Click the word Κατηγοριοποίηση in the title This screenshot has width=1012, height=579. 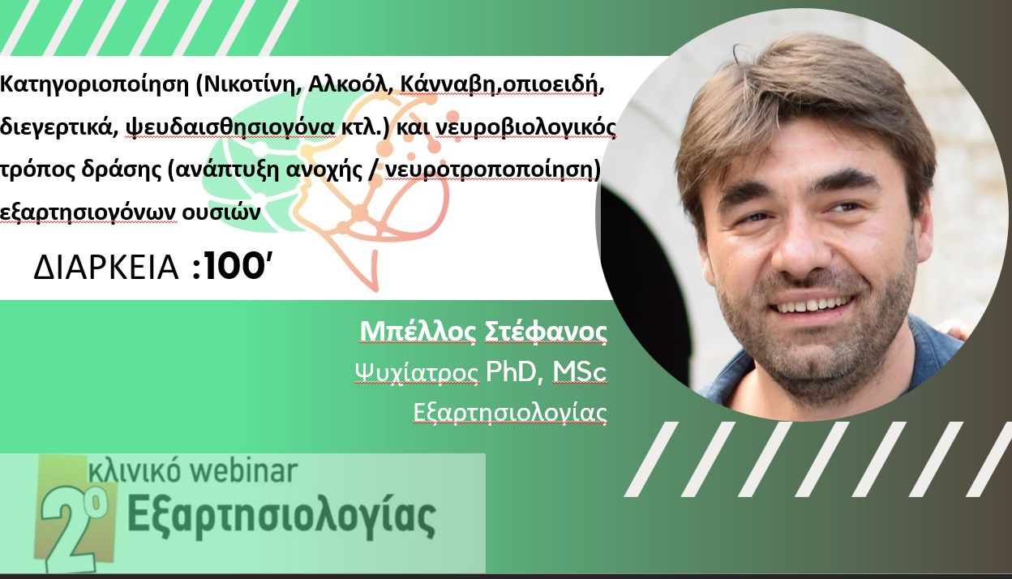[x=94, y=84]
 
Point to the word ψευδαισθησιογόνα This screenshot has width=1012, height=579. [x=230, y=127]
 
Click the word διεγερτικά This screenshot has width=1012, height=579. [x=59, y=127]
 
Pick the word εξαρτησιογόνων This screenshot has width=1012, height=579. [x=88, y=212]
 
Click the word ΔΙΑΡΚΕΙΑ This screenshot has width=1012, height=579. [x=106, y=267]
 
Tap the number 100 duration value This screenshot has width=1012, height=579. [x=234, y=267]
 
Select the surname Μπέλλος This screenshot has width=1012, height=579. [x=418, y=332]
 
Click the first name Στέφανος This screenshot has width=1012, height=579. [x=546, y=332]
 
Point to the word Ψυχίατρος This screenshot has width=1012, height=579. [x=417, y=373]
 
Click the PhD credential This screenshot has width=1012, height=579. [x=515, y=371]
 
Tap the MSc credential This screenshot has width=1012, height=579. [x=580, y=371]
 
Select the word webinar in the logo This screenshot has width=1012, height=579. [x=243, y=470]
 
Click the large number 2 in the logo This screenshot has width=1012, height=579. [x=70, y=530]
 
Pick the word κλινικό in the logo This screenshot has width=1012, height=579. [x=135, y=470]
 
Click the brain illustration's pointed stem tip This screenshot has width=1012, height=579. [x=374, y=288]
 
